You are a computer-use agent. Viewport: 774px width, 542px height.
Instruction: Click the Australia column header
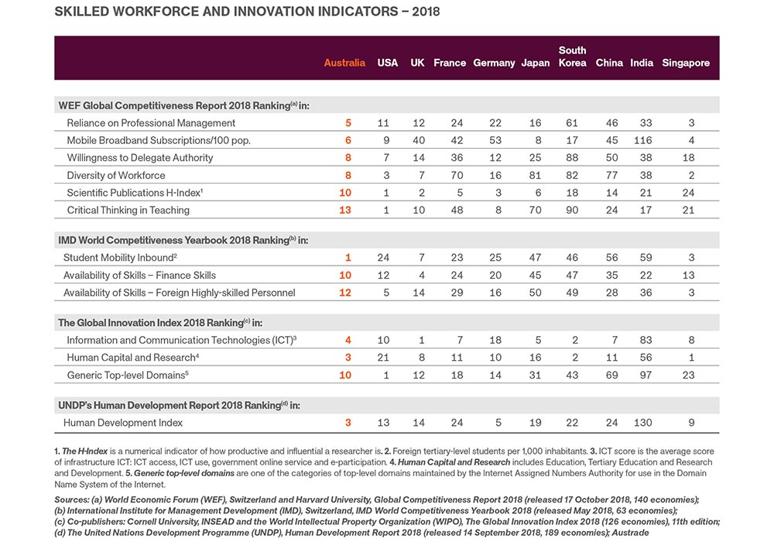click(x=344, y=63)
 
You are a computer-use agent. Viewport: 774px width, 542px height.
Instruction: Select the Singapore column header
click(x=686, y=63)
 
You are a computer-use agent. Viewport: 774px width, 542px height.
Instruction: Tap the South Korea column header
click(x=572, y=57)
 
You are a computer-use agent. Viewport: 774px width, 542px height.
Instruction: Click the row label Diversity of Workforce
click(x=116, y=175)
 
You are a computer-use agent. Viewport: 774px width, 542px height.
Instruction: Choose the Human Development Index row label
click(x=123, y=423)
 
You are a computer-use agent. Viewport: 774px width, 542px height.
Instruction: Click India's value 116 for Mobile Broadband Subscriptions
click(x=642, y=140)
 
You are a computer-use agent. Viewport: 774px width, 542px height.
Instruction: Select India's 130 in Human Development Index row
click(x=642, y=423)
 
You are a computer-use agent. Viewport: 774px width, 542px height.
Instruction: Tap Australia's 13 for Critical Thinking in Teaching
click(x=345, y=210)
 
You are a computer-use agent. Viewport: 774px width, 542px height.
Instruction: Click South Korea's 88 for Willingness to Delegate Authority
click(x=572, y=158)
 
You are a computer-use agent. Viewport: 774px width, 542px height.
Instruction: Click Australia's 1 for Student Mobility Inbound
click(x=348, y=258)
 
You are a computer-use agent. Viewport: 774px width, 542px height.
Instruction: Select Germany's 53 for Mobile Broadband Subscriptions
click(x=495, y=140)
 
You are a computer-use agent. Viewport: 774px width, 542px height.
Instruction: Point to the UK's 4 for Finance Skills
click(x=418, y=275)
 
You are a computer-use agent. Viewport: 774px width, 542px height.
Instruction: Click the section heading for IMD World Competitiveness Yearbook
click(x=183, y=240)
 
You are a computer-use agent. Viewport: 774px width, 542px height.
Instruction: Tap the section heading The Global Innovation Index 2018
click(x=155, y=322)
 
